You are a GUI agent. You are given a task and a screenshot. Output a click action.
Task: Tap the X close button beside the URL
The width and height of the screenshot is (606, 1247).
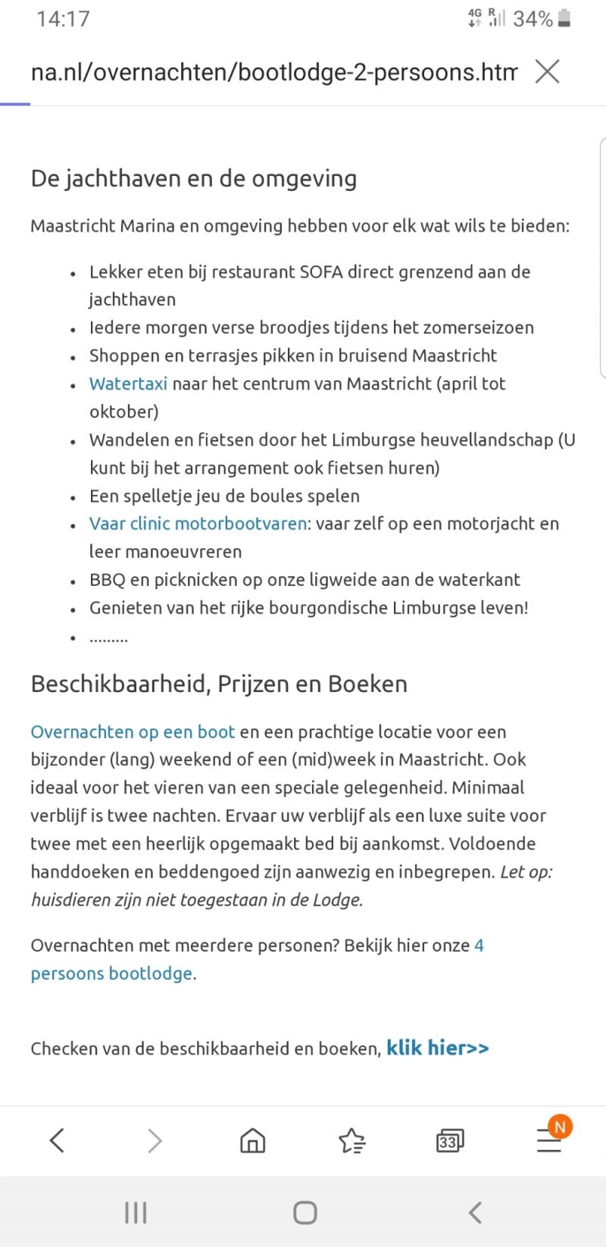pos(547,72)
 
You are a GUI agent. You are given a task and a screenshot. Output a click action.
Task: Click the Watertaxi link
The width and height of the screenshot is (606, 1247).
pos(128,384)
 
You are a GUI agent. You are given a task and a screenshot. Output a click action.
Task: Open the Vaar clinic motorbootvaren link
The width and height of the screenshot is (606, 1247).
pos(198,524)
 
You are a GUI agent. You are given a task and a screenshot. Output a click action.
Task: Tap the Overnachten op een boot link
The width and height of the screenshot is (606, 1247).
pos(133,732)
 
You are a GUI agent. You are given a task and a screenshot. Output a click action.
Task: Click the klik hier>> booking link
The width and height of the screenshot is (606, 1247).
pos(437,1048)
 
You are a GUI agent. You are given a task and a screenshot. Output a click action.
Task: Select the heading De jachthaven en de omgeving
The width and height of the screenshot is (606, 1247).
pos(193,179)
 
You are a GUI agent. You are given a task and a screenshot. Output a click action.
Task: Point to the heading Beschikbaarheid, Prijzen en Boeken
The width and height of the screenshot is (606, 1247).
pos(219,684)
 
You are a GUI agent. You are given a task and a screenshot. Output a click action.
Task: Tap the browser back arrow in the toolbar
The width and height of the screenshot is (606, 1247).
pos(57,1139)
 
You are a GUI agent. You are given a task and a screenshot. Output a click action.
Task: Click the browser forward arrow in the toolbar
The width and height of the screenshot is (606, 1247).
pos(155,1139)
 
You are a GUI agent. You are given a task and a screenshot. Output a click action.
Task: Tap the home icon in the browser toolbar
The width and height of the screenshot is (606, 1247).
pos(252,1139)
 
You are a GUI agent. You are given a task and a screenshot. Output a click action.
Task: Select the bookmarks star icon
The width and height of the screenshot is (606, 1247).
pos(351,1139)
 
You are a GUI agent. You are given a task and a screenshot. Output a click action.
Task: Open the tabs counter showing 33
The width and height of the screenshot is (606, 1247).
pos(450,1140)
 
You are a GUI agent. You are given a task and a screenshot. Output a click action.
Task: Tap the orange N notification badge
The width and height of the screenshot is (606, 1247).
pos(560,1126)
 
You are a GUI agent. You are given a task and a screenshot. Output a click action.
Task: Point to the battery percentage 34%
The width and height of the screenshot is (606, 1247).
pos(533,19)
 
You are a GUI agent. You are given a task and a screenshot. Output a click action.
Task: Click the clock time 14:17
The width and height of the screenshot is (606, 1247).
pos(63,19)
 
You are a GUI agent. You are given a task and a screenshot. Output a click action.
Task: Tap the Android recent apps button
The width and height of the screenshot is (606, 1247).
pos(136,1213)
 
